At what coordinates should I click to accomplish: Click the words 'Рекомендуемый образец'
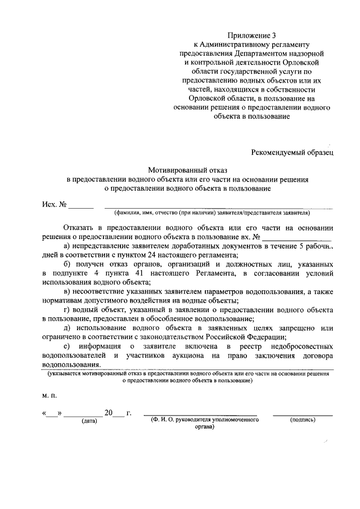click(x=292, y=151)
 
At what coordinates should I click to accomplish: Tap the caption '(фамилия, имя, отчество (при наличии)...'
click(x=215, y=213)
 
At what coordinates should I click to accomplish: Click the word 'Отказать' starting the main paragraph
click(x=82, y=228)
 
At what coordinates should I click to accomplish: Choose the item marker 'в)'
click(x=67, y=291)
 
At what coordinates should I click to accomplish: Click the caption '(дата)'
click(x=89, y=421)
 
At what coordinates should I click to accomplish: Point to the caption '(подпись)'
click(x=303, y=420)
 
